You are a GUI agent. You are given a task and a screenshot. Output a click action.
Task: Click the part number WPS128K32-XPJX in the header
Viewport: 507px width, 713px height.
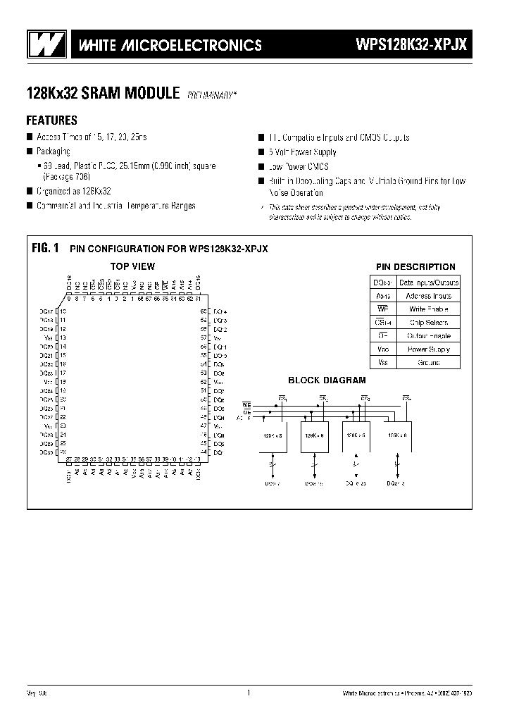coord(411,45)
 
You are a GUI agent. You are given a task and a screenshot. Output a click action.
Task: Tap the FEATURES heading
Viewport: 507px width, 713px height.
coord(51,120)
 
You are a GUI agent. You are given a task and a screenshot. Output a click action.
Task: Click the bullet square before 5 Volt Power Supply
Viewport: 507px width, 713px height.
coord(261,152)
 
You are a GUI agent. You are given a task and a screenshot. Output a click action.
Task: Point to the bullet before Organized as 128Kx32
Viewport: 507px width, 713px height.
coord(30,191)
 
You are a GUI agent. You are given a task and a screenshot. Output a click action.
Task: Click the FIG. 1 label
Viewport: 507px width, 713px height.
coord(45,248)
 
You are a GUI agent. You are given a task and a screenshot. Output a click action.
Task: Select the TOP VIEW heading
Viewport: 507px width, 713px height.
coord(132,266)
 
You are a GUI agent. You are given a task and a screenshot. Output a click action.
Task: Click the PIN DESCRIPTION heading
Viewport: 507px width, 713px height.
coord(415,267)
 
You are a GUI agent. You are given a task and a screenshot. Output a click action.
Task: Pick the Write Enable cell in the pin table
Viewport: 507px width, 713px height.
coord(428,309)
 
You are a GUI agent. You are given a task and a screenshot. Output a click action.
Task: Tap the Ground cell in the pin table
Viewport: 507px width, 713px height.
coord(428,363)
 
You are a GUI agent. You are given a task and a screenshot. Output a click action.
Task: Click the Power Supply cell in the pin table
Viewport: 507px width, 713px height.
coord(428,349)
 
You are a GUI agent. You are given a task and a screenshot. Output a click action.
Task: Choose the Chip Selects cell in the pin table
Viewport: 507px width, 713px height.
coord(428,322)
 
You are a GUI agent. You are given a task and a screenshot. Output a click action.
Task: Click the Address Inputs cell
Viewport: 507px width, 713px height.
coord(428,296)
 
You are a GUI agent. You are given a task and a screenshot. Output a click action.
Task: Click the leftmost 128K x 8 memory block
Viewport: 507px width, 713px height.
coord(274,437)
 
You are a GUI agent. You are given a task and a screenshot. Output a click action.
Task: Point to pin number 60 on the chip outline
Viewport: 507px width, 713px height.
coord(204,311)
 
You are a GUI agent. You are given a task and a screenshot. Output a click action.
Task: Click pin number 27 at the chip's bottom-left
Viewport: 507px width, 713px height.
coord(68,459)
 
